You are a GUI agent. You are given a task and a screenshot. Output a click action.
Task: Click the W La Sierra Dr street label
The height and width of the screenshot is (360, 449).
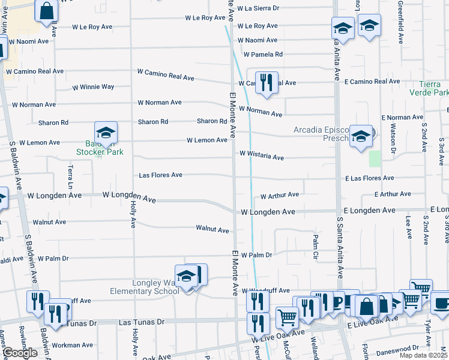(258, 8)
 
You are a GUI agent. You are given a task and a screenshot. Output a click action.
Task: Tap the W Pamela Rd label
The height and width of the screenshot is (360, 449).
(260, 55)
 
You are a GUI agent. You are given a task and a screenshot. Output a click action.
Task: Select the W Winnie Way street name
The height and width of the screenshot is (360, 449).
(93, 87)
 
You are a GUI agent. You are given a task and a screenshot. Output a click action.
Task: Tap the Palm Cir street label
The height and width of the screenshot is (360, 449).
(315, 247)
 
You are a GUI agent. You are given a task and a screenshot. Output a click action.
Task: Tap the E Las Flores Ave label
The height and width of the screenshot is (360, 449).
(370, 178)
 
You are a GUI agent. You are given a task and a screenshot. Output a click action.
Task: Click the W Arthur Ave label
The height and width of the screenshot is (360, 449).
(279, 195)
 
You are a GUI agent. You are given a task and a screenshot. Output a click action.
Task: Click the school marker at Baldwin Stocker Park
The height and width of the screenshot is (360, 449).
(106, 133)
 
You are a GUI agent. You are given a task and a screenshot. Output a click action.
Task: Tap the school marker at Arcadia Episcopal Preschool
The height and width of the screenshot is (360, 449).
(361, 136)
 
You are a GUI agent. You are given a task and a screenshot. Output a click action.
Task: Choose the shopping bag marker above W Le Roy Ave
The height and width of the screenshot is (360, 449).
(46, 10)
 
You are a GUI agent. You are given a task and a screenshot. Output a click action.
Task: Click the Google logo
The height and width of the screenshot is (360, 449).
(20, 353)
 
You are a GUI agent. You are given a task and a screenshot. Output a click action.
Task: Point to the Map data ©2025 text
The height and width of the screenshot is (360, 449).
(424, 355)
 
